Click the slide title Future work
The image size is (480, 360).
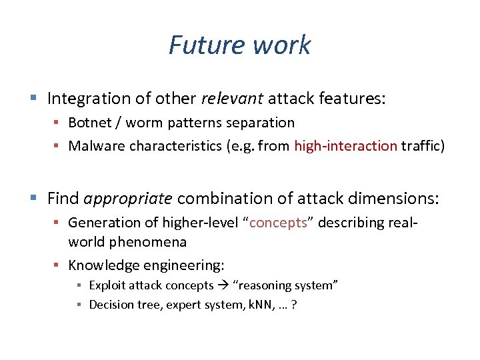point(239,45)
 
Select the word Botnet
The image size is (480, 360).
point(89,123)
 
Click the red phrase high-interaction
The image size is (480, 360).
point(345,146)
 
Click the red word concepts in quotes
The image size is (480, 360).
point(277,222)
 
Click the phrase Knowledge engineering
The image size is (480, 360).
point(145,265)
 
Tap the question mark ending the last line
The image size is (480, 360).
point(294,305)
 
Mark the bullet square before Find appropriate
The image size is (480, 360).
point(33,199)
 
